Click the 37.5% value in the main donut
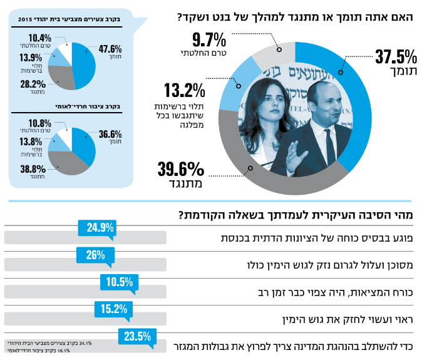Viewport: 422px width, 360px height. point(396,57)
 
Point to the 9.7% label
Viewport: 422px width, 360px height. point(208,41)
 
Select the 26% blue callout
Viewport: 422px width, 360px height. point(95,255)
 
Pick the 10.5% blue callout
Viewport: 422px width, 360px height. point(120,281)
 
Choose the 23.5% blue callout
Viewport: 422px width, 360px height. point(138,336)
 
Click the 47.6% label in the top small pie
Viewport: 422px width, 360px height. point(110,46)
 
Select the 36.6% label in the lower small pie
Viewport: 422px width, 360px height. point(110,133)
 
